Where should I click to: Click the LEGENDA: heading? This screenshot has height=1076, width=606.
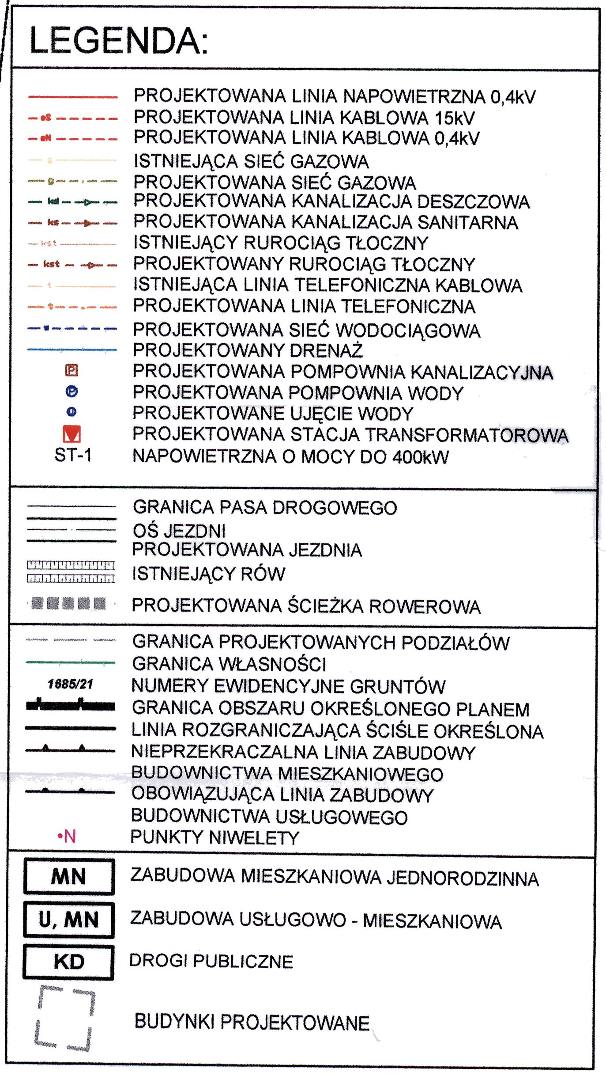pos(118,41)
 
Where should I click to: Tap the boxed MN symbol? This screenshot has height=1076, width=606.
pos(69,876)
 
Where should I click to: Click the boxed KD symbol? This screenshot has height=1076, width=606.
pos(69,962)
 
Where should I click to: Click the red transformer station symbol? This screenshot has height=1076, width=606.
pos(72,434)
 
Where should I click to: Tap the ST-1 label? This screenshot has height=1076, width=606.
pos(73,455)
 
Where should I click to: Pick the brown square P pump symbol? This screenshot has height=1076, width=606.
pos(72,370)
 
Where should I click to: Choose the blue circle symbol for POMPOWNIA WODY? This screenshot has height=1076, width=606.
pos(72,392)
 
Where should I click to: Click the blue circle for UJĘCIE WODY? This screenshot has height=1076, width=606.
pos(72,412)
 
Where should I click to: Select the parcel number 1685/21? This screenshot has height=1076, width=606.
pos(71,684)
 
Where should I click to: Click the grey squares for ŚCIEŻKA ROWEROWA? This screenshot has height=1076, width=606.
pos(69,603)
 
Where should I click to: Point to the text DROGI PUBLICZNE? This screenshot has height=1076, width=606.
pos(211,962)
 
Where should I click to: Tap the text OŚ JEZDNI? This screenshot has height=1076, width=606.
pos(179,531)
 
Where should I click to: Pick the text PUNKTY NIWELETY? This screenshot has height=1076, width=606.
pos(215,837)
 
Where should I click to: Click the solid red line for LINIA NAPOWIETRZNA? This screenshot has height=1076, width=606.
pos(73,97)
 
